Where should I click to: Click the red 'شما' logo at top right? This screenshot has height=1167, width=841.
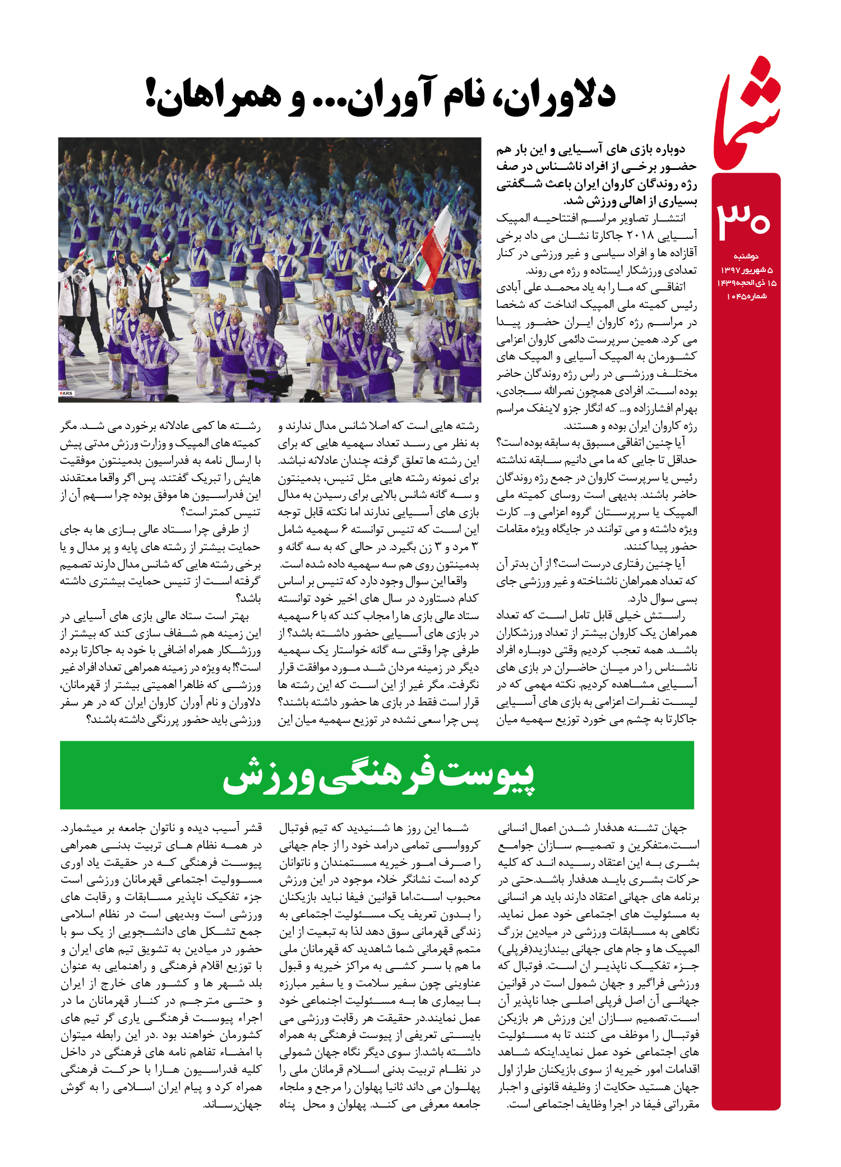point(747,115)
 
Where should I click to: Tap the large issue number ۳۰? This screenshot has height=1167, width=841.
point(744,219)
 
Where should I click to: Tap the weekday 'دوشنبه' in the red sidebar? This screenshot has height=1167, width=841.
point(746,256)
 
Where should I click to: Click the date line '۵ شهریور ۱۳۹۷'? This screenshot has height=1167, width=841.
point(746,270)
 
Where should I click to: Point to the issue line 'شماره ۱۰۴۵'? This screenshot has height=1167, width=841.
point(746,296)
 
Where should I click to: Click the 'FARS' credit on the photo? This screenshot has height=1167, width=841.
point(66,394)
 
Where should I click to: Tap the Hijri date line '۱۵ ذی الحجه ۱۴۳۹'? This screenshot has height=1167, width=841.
point(746,283)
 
